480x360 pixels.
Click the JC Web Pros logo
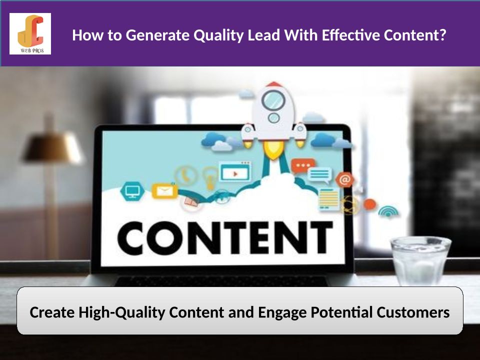[30, 33]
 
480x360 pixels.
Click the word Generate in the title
[157, 35]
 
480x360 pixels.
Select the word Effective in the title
[351, 35]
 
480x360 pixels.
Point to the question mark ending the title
[442, 35]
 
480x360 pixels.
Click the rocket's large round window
[273, 100]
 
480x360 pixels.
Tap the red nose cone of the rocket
[274, 84]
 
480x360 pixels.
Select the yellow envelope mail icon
[164, 190]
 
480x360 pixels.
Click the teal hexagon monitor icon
[132, 191]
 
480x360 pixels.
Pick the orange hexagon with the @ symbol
[345, 180]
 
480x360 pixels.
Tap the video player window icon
[235, 171]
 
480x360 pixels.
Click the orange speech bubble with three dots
[303, 166]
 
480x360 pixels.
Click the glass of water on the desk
[420, 261]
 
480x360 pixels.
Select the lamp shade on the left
[53, 147]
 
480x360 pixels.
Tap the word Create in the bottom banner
[52, 312]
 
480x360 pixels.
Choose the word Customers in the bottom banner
[413, 312]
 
